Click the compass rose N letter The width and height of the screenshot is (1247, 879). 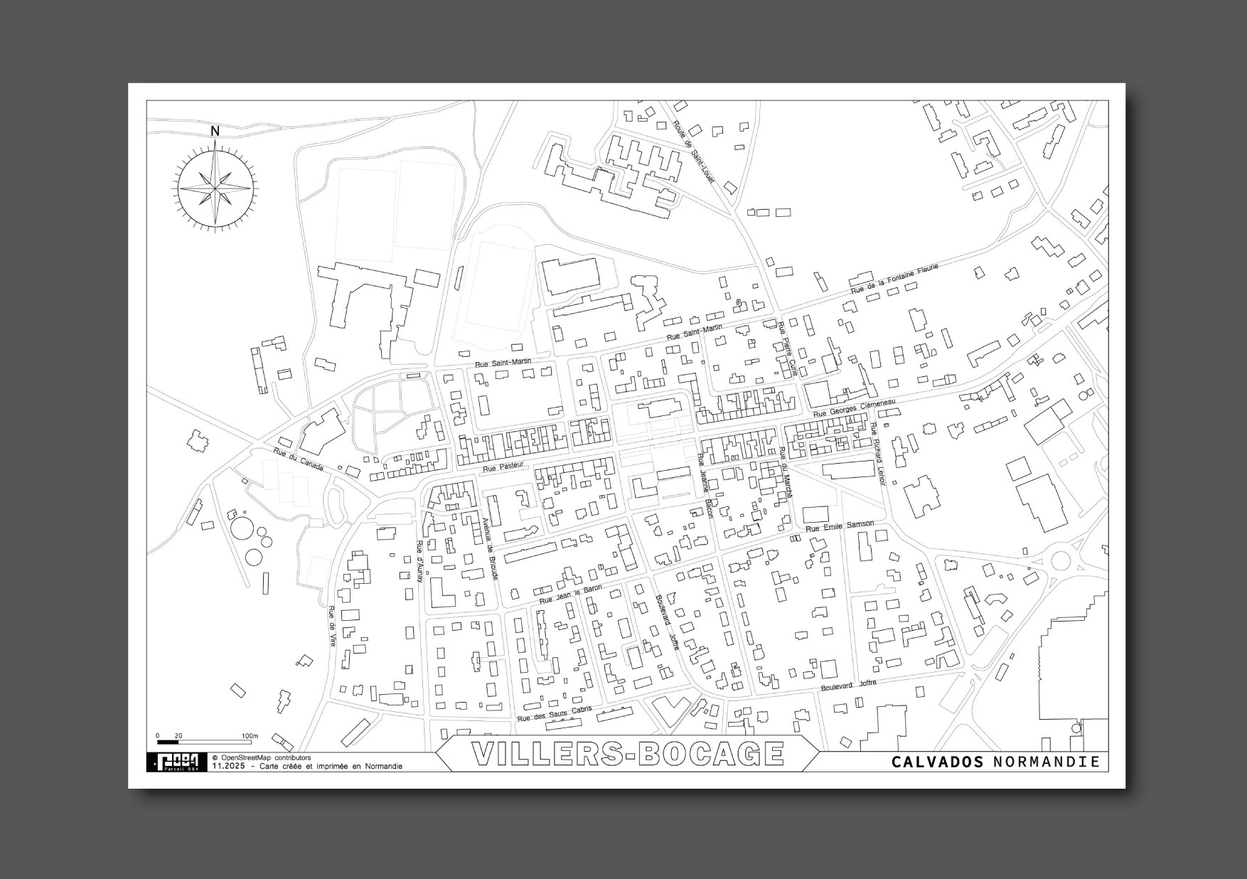[x=215, y=131]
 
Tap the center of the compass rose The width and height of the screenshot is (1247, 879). [x=215, y=188]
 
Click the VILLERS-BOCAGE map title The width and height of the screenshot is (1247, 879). [x=627, y=755]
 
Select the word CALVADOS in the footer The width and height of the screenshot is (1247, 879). [x=938, y=762]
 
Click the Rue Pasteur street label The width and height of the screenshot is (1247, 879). [x=503, y=467]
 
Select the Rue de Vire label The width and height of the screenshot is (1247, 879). [x=331, y=626]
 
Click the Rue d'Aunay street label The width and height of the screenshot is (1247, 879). [x=419, y=562]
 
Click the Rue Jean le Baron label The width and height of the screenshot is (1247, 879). [x=570, y=595]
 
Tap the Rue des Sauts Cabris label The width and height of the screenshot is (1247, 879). [x=555, y=714]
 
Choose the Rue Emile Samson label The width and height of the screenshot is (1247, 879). [x=839, y=526]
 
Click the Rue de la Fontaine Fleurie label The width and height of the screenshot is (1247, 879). [x=895, y=279]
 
